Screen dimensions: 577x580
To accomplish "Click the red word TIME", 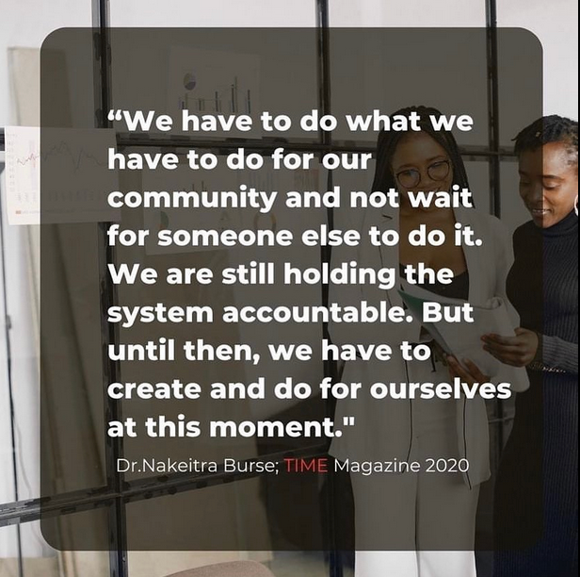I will point(306,466).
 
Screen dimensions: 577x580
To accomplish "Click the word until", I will point(139,351).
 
